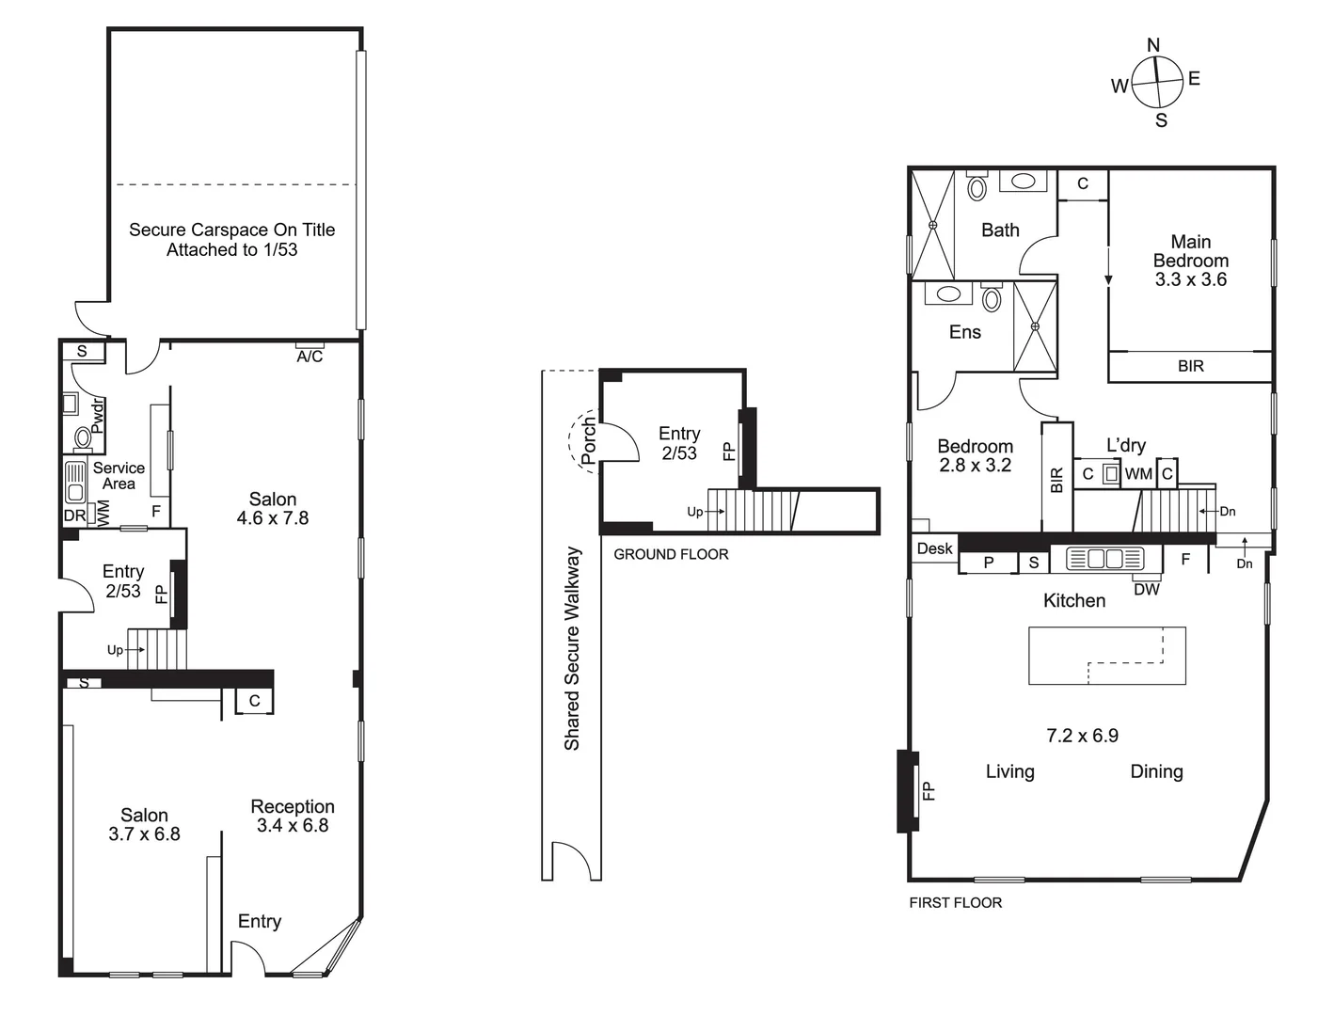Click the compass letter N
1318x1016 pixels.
(x=1153, y=45)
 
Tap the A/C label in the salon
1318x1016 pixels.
(x=310, y=356)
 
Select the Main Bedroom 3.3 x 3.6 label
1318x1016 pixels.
(x=1191, y=261)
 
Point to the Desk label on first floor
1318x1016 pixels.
(x=935, y=548)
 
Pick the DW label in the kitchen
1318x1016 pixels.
(x=1147, y=589)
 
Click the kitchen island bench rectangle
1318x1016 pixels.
(x=1107, y=656)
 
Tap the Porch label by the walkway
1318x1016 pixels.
(x=588, y=441)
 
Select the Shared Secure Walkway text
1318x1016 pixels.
(x=572, y=649)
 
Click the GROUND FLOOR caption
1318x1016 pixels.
(x=671, y=554)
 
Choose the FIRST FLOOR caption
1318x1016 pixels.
(x=955, y=902)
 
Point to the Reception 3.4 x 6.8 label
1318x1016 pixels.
(x=293, y=816)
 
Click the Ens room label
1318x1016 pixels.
(x=964, y=332)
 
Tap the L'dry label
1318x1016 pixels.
(x=1126, y=445)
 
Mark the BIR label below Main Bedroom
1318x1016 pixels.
(x=1190, y=366)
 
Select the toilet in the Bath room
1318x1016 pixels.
(x=977, y=187)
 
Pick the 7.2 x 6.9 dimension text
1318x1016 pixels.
(x=1082, y=735)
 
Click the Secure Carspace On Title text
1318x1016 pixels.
(x=231, y=230)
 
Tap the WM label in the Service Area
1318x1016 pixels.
(x=103, y=514)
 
